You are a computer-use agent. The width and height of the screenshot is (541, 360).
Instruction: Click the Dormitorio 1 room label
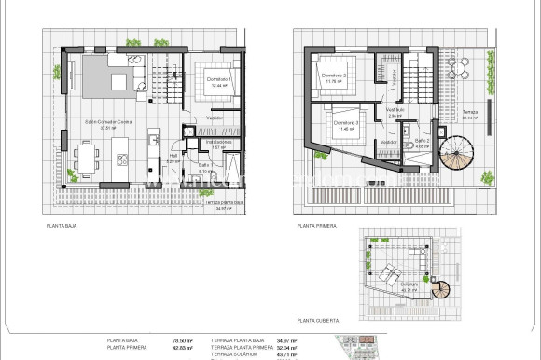pyautogui.click(x=220, y=81)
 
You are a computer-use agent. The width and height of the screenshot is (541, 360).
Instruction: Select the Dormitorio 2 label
pyautogui.click(x=334, y=77)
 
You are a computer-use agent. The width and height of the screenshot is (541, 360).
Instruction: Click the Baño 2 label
pyautogui.click(x=423, y=143)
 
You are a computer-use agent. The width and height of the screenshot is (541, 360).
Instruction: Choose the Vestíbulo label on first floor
pyautogui.click(x=394, y=110)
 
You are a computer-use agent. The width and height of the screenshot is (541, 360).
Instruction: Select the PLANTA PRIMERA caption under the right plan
pyautogui.click(x=316, y=226)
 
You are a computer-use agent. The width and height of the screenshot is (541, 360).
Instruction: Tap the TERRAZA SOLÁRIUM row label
pyautogui.click(x=235, y=355)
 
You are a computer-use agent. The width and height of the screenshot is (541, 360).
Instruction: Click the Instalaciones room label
pyautogui.click(x=220, y=144)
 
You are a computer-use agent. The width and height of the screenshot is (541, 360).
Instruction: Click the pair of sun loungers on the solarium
pyautogui.click(x=390, y=275)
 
